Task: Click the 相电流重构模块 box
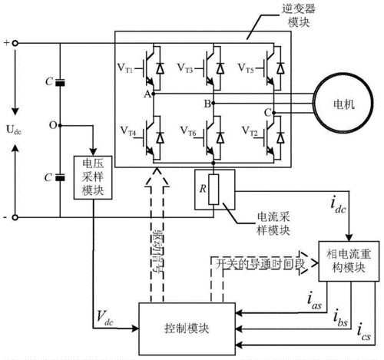[349, 261]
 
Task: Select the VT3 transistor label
[188, 67]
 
